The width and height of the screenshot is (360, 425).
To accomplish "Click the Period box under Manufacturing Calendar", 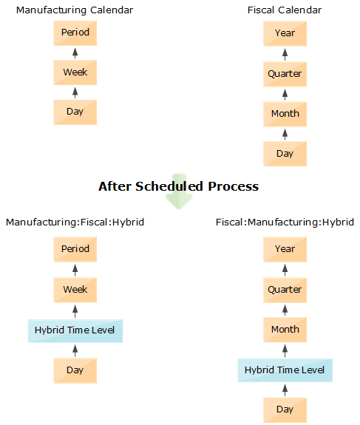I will [75, 33].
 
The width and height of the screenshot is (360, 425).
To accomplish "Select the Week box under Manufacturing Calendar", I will [75, 72].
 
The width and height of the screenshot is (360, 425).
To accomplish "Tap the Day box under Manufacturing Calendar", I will [75, 112].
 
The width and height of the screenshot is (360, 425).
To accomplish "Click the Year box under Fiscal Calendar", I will [285, 33].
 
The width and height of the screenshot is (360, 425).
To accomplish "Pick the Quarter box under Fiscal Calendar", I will [285, 74].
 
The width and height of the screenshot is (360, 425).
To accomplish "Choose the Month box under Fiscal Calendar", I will [285, 114].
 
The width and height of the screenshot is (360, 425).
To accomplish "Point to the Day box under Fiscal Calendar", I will [285, 154].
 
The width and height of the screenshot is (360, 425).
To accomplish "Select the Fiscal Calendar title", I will [285, 10].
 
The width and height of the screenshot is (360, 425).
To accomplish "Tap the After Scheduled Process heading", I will [178, 186].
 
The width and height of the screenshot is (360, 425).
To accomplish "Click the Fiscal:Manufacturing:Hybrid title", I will [285, 222].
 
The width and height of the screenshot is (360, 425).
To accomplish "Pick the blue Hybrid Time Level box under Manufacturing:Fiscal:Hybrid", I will [75, 330].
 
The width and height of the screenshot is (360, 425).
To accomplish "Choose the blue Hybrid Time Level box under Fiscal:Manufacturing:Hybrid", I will [285, 370].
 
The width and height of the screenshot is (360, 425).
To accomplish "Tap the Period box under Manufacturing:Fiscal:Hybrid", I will [75, 249].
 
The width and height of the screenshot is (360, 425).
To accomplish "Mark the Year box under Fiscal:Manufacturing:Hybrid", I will [285, 249].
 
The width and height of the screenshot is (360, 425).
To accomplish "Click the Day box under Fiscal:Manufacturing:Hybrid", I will [285, 409].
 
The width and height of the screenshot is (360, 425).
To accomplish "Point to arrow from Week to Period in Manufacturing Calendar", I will [75, 53].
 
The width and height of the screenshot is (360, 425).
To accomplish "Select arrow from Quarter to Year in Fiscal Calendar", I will [285, 54].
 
